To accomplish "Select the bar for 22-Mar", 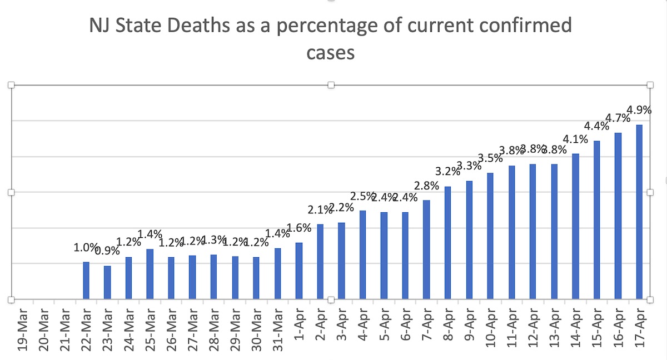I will (86, 281).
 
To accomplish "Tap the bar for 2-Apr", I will (320, 262).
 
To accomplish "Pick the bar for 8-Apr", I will (447, 243).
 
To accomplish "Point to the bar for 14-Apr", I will (575, 226).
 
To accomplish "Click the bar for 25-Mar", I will (150, 274).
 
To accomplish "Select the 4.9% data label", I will (639, 109).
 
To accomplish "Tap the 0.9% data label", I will (107, 251).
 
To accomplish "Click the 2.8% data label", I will (427, 186).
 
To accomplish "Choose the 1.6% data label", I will (299, 228).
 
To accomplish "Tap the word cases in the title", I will (331, 53).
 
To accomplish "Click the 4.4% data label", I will (596, 126).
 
